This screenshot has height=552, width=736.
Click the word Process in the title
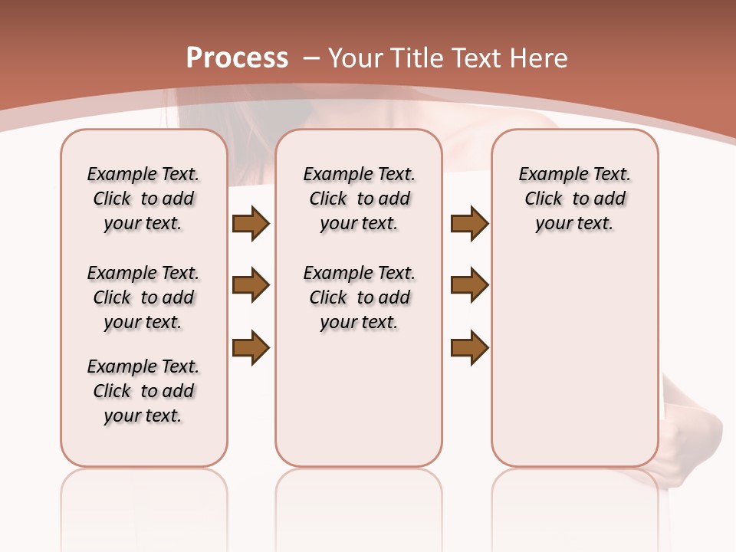point(237,58)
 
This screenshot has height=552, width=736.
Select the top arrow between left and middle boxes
point(251,223)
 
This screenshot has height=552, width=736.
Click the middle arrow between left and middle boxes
point(251,285)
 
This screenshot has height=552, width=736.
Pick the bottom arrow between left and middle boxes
point(251,347)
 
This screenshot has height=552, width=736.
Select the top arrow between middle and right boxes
point(469,223)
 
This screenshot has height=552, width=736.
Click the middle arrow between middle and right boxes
point(469,285)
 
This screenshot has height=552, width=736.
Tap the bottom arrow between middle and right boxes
point(469,347)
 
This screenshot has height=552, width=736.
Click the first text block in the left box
point(143,199)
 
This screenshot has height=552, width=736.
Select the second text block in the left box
point(143,297)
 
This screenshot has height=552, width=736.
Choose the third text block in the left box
point(143,391)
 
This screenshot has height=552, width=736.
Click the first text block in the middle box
point(359,199)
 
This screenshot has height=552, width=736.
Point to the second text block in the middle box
point(359,297)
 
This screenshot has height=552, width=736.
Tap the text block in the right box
point(574,199)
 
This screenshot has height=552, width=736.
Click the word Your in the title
point(356,58)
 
